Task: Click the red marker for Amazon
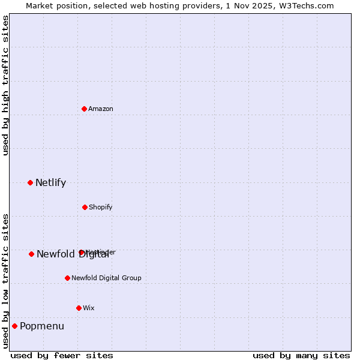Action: click(85, 109)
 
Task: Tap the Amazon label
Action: click(101, 109)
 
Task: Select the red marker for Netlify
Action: click(30, 182)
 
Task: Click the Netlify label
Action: click(50, 183)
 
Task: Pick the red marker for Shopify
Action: click(85, 207)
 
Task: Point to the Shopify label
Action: click(100, 207)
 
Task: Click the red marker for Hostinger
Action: click(81, 253)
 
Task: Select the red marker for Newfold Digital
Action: click(31, 254)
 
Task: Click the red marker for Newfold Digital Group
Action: click(67, 278)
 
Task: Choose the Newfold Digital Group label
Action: click(106, 278)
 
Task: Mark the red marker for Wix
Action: click(79, 308)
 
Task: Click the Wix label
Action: click(89, 308)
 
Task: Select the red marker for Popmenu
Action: click(14, 326)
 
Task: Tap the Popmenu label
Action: click(42, 326)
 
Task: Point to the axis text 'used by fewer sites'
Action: click(62, 355)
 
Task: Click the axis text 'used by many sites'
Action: click(301, 355)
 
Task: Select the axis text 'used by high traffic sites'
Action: click(5, 85)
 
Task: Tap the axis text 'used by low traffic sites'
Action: click(5, 281)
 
